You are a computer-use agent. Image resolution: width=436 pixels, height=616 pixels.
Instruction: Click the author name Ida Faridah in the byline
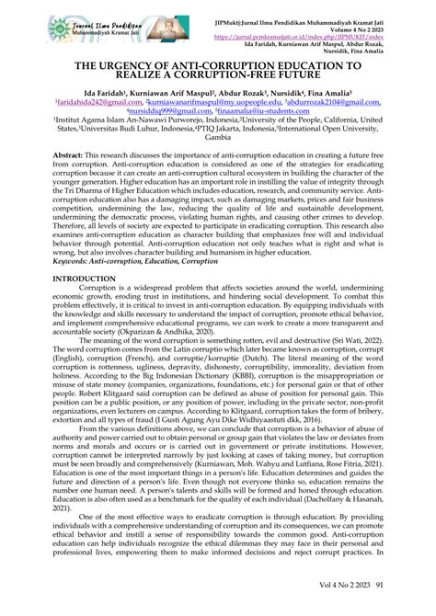coord(118,95)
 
